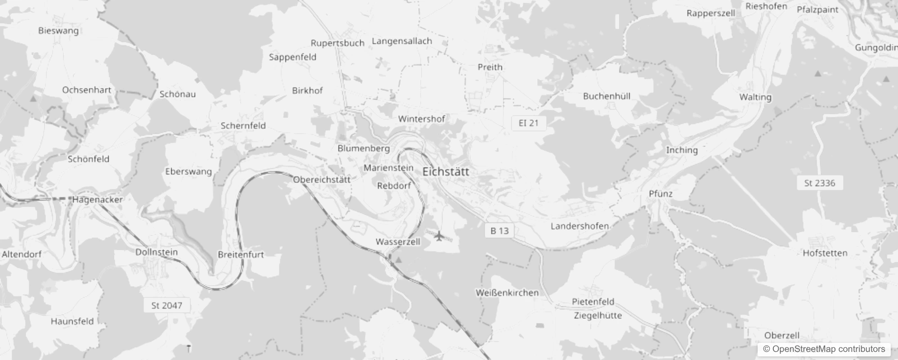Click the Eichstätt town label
[x=445, y=171]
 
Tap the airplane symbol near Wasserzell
[x=439, y=235]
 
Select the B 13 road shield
[x=499, y=231]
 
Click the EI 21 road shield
[x=528, y=123]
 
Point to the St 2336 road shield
[x=819, y=183]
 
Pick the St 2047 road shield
[x=166, y=306]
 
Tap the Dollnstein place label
[x=157, y=252]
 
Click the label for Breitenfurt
[x=241, y=254]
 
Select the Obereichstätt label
[x=321, y=180]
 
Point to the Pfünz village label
[x=660, y=193]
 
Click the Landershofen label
[x=579, y=226]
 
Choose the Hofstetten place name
[x=825, y=253]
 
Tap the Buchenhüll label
[x=606, y=96]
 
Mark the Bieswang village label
[x=58, y=31]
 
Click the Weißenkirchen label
[x=507, y=292]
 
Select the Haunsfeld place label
[x=72, y=321]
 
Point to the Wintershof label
[x=422, y=119]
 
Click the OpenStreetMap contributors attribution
[x=824, y=349]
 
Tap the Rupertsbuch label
[x=337, y=43]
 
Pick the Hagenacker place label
[x=97, y=199]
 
